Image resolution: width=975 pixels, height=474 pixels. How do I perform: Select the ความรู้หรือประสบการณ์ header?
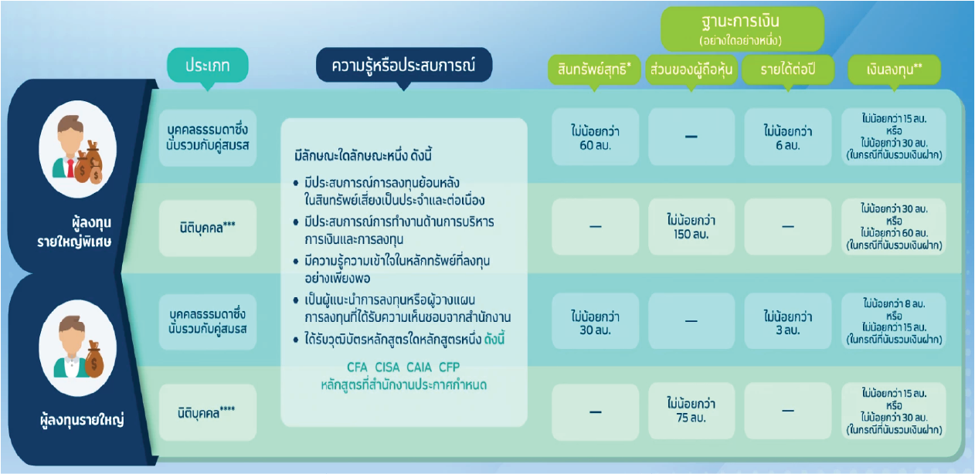pyautogui.click(x=404, y=65)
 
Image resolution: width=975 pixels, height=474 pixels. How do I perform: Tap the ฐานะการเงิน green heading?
pyautogui.click(x=742, y=28)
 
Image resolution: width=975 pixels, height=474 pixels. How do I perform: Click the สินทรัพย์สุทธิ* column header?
pyautogui.click(x=594, y=69)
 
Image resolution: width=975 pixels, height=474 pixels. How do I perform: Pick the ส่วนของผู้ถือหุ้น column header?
pyautogui.click(x=691, y=69)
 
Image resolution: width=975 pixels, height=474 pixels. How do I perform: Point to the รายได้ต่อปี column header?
pyautogui.click(x=788, y=69)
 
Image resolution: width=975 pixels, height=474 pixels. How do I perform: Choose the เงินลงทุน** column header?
pyautogui.click(x=894, y=69)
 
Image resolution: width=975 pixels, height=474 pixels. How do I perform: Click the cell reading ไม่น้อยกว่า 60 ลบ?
pyautogui.click(x=596, y=137)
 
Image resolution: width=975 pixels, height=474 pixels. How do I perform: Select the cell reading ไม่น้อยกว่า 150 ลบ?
pyautogui.click(x=691, y=226)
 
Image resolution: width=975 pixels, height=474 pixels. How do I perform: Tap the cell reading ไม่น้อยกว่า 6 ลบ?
pyautogui.click(x=788, y=137)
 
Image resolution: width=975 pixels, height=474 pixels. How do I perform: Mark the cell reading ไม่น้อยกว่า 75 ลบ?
pyautogui.click(x=691, y=411)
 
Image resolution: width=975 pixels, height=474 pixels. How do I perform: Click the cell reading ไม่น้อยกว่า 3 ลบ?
pyautogui.click(x=788, y=321)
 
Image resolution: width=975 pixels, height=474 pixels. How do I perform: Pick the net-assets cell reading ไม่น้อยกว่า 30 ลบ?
pyautogui.click(x=596, y=321)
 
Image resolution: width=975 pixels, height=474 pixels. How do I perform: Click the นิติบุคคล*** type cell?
pyautogui.click(x=208, y=228)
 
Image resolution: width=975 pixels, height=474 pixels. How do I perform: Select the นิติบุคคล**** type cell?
pyautogui.click(x=208, y=411)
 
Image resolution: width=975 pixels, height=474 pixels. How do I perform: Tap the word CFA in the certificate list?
pyautogui.click(x=357, y=367)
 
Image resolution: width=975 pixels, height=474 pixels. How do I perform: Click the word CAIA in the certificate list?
pyautogui.click(x=419, y=367)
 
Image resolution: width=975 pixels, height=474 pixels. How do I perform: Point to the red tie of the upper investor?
pyautogui.click(x=70, y=168)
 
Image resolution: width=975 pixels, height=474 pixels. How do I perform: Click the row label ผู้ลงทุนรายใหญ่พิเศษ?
pyautogui.click(x=74, y=232)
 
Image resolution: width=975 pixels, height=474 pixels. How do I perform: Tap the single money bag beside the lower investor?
pyautogui.click(x=94, y=359)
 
